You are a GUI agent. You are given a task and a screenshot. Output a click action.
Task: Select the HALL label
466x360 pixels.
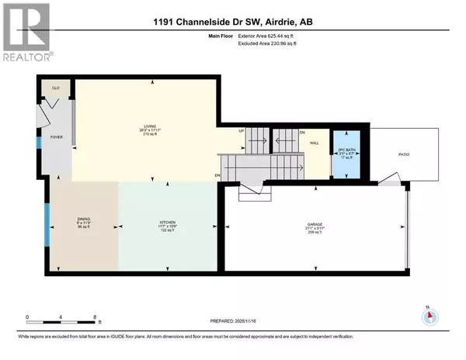[x=315, y=143]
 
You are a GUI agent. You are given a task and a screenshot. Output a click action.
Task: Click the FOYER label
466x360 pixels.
[x=56, y=137]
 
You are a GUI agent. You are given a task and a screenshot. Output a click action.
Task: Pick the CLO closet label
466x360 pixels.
[x=56, y=88]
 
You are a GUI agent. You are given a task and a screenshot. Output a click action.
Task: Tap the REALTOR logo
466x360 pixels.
[x=26, y=33]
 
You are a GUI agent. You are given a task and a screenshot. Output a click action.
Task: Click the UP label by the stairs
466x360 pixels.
[x=241, y=130]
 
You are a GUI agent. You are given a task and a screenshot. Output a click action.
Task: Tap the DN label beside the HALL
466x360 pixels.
[x=302, y=132]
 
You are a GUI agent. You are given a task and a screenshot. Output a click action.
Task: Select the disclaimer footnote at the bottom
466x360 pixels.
[x=233, y=345]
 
